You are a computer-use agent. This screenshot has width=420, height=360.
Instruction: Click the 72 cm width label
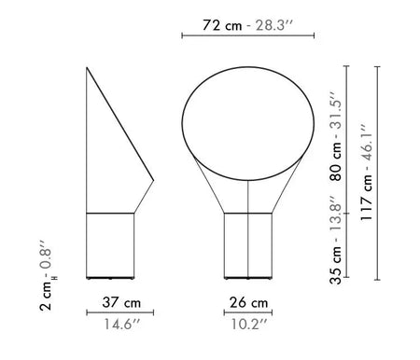(221, 25)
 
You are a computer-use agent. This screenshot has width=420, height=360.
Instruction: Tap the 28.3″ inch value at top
(275, 25)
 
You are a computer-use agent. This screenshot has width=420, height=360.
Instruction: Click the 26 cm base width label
(247, 303)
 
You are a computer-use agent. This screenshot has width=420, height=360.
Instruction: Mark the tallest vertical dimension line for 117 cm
(376, 173)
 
